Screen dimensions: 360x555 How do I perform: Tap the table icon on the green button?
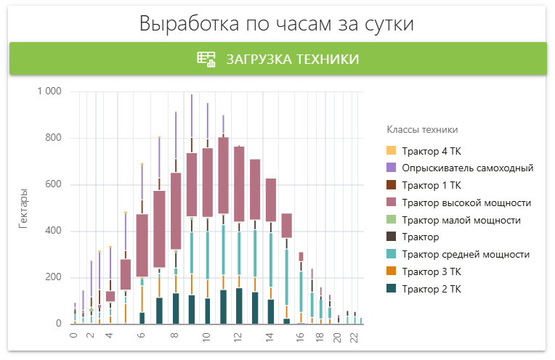click(207, 59)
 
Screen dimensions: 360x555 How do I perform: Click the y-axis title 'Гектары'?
click(24, 209)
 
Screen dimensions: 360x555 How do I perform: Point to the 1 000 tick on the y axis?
click(49, 91)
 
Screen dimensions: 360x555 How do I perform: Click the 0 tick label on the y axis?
click(58, 324)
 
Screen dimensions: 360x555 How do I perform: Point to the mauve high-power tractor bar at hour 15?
click(287, 225)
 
